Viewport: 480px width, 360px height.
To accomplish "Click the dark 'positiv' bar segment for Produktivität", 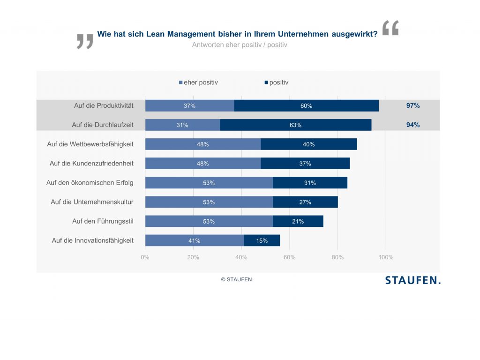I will click(306, 106).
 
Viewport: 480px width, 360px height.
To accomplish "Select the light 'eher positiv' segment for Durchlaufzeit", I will click(182, 125).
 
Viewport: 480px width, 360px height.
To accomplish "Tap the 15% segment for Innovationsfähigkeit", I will click(262, 241).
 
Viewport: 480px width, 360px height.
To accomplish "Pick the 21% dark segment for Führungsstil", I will click(298, 221).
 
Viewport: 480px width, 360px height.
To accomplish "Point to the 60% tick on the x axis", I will click(289, 257).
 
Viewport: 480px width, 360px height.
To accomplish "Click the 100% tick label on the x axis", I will click(386, 257).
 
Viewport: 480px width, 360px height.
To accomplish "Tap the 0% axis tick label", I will click(145, 257).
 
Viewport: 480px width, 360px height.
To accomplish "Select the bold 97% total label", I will click(413, 106).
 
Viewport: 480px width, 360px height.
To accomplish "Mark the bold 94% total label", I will click(413, 125).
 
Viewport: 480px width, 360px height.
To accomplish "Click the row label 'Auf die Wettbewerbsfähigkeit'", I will click(90, 144).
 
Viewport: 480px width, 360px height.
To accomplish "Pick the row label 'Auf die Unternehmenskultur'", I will click(92, 202).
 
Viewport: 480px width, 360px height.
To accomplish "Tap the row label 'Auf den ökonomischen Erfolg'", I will click(90, 183).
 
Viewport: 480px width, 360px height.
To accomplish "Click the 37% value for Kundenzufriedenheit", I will click(305, 164).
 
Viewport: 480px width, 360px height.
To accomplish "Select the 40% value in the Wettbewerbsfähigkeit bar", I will click(308, 144).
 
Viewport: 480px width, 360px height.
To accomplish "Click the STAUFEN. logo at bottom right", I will click(413, 280).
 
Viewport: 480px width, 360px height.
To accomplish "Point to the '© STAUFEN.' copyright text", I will click(237, 279).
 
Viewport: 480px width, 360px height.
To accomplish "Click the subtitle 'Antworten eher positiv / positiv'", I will click(240, 45).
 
